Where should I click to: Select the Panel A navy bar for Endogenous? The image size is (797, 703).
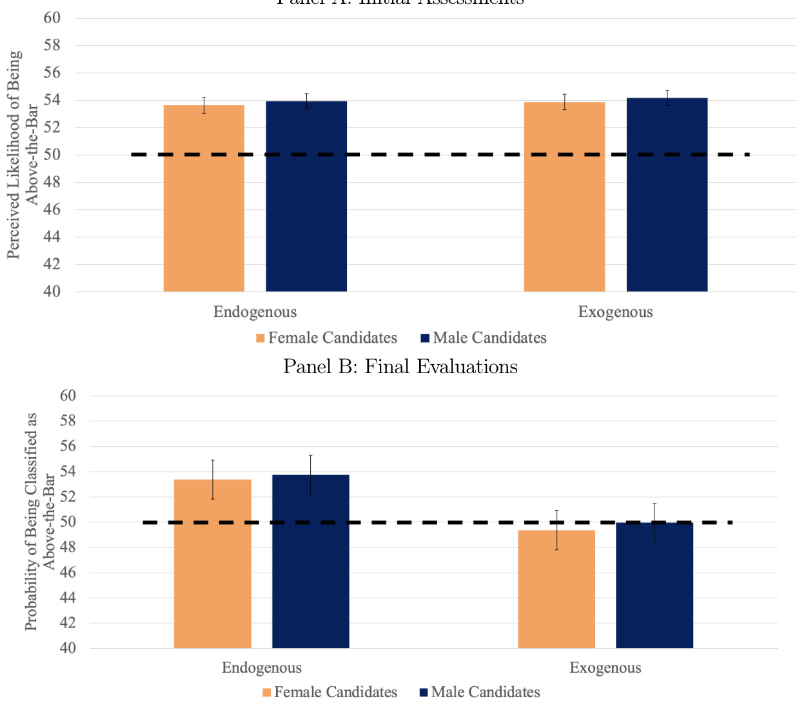306,196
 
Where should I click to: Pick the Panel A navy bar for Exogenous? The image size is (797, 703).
667,195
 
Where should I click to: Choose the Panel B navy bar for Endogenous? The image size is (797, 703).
310,562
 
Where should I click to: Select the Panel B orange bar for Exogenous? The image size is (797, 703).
556,589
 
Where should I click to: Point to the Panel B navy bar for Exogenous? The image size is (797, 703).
654,585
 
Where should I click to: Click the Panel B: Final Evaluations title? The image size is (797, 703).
400,367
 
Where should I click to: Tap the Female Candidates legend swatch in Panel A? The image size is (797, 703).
261,338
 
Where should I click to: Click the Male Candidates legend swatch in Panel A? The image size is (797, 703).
425,338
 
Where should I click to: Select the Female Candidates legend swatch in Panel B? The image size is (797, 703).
267,693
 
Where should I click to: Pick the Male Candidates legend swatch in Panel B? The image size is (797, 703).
424,693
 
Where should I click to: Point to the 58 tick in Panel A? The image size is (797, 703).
52,45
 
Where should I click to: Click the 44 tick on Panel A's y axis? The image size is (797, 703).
52,237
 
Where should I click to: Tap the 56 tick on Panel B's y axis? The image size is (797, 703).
68,446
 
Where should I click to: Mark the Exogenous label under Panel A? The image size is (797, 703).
615,312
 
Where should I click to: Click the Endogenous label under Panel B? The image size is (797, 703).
261,667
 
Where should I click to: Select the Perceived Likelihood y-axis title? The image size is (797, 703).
22,155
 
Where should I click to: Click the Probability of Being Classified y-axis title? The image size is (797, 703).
39,522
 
